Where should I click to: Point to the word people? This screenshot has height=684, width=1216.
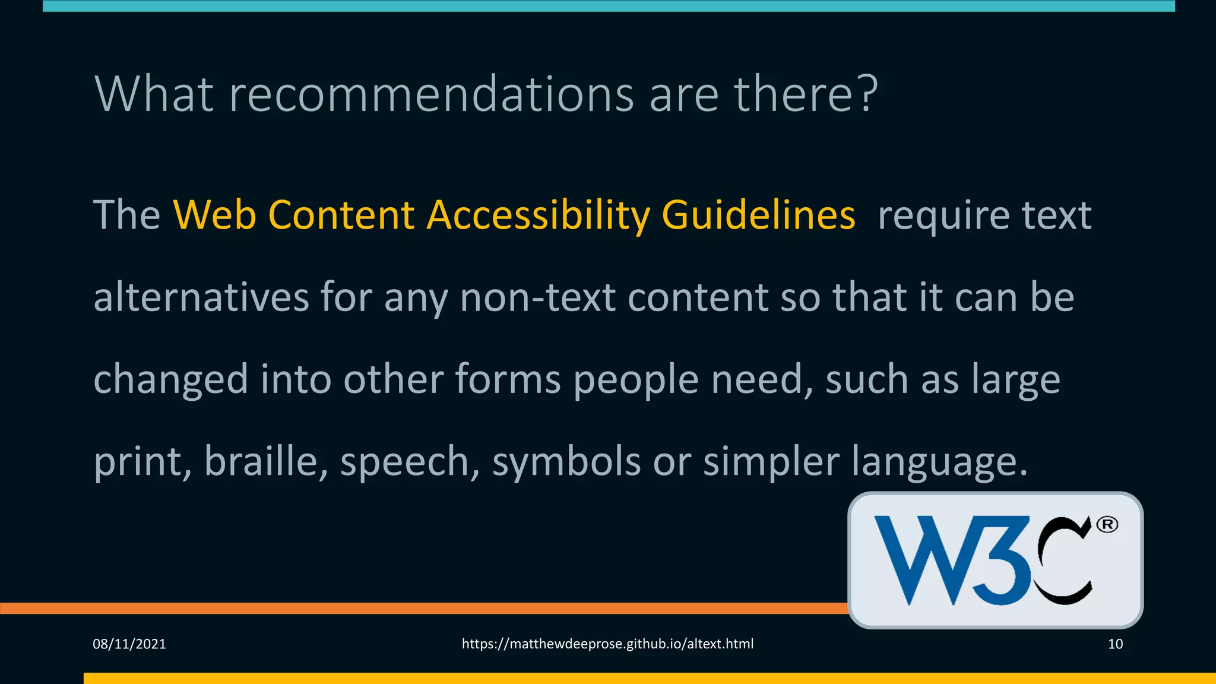pyautogui.click(x=636, y=379)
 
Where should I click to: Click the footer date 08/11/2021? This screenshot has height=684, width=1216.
pyautogui.click(x=129, y=644)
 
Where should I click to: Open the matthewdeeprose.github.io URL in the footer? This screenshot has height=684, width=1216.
pyautogui.click(x=607, y=644)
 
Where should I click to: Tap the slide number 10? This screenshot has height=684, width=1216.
pyautogui.click(x=1115, y=644)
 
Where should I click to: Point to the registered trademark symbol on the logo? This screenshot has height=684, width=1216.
pyautogui.click(x=1107, y=525)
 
